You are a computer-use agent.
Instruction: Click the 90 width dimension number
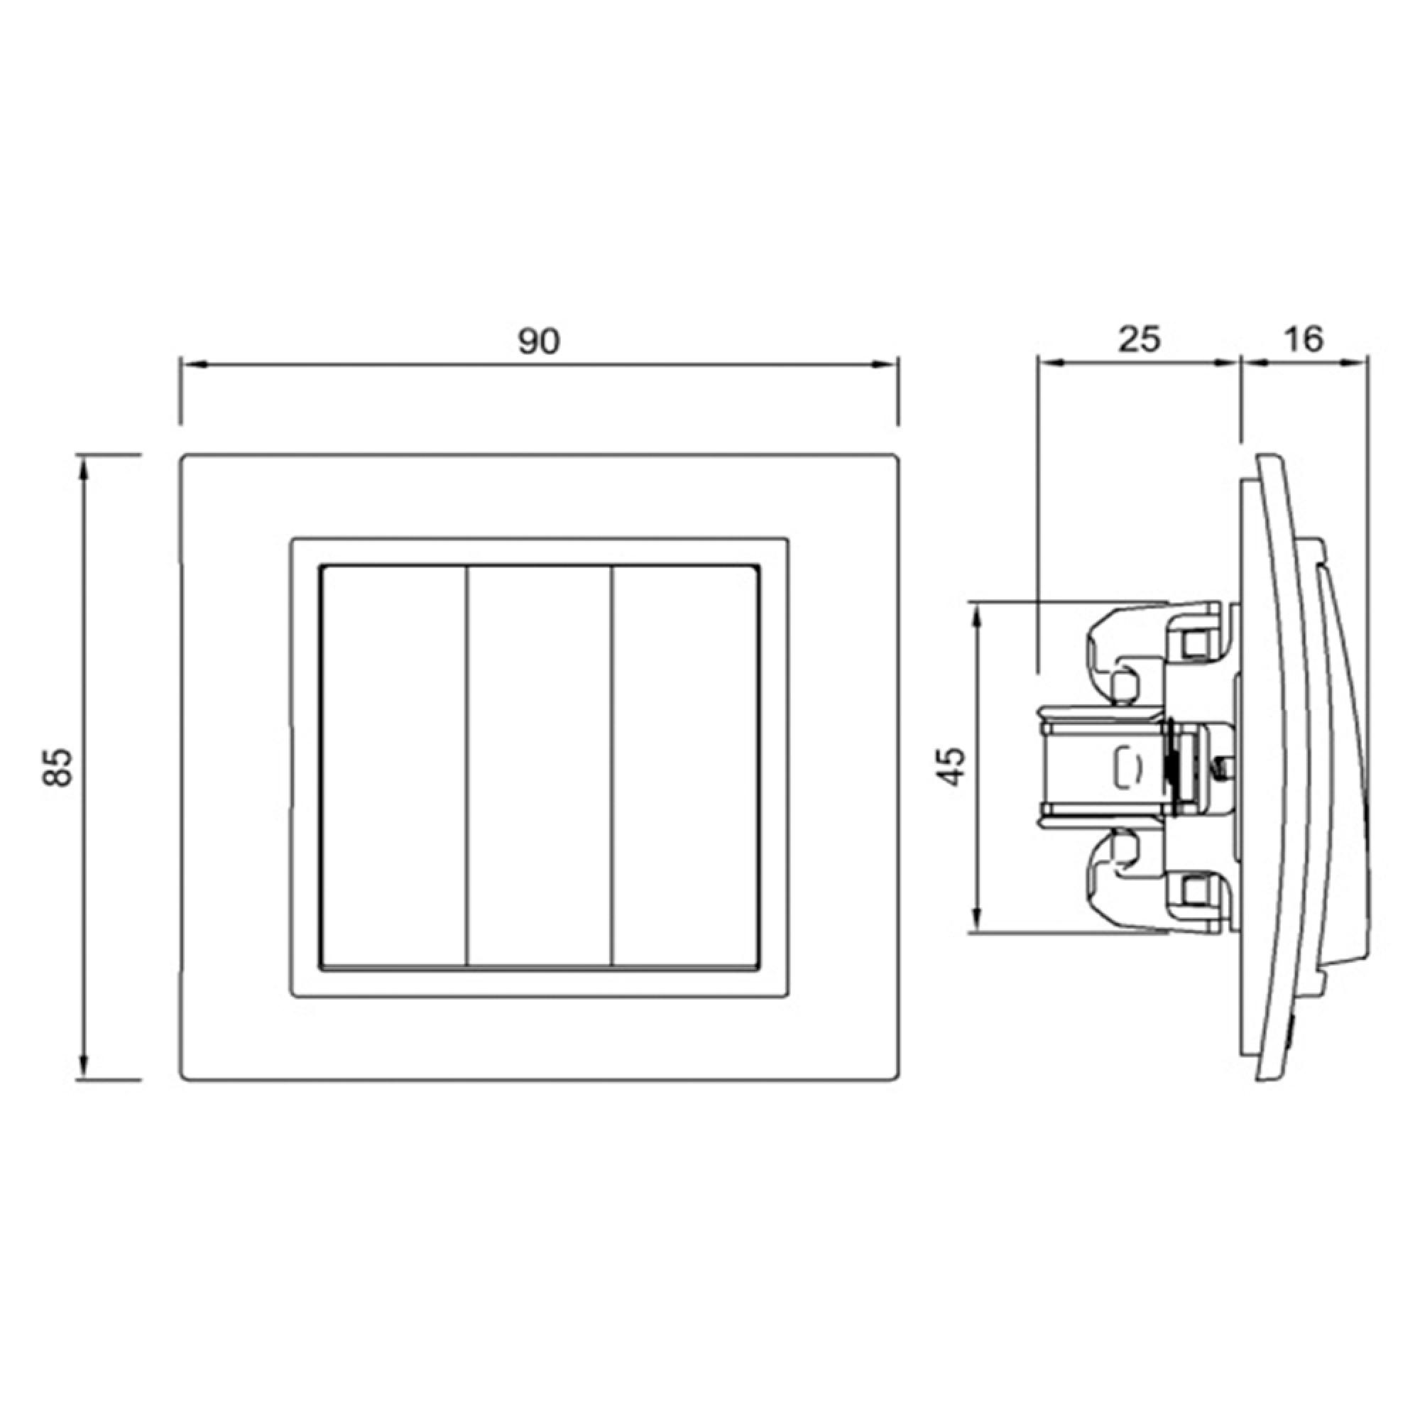click(x=539, y=342)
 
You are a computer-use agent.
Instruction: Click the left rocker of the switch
click(x=395, y=768)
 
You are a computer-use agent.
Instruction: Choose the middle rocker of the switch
click(x=540, y=768)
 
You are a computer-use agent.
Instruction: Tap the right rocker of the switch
click(x=684, y=768)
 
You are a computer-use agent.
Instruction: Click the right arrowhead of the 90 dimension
click(x=885, y=364)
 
